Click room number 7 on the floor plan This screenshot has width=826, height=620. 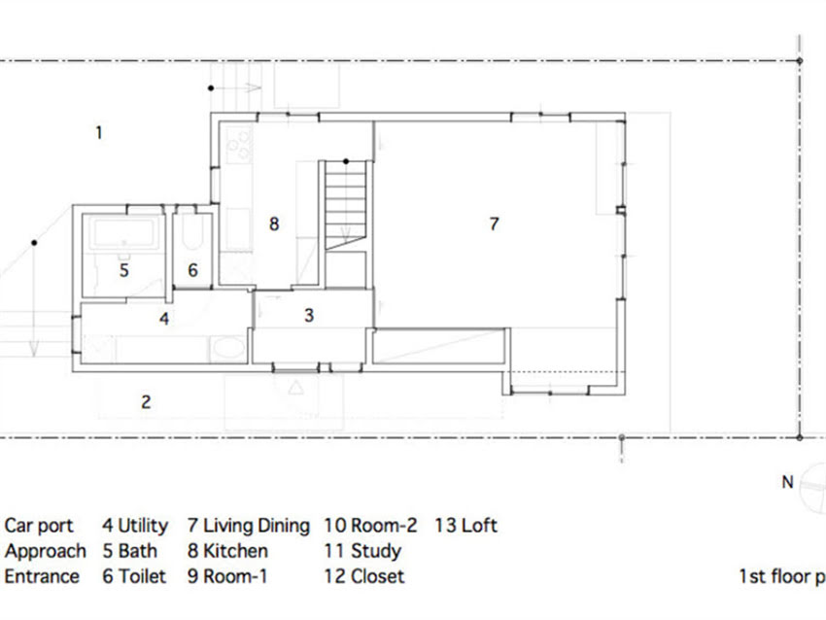click(x=494, y=224)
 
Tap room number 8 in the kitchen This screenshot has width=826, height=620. click(x=274, y=224)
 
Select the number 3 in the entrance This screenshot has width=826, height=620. click(x=309, y=315)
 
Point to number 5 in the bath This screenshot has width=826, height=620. click(x=123, y=270)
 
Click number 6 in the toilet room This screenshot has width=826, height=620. click(x=192, y=270)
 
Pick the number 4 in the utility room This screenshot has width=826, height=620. click(x=164, y=319)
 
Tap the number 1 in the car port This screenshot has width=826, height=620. click(x=98, y=132)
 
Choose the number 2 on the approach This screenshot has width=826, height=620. click(x=146, y=402)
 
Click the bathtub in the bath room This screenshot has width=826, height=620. click(x=123, y=233)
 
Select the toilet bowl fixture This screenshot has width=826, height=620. click(x=192, y=232)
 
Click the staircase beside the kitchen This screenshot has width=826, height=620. click(x=346, y=205)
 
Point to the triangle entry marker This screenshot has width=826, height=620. click(x=296, y=388)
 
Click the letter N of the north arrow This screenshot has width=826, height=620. click(x=787, y=482)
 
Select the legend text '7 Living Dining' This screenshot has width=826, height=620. click(x=249, y=526)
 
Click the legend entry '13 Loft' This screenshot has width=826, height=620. click(x=465, y=526)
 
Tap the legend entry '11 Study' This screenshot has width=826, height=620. click(x=362, y=551)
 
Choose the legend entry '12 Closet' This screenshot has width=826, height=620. click(x=364, y=576)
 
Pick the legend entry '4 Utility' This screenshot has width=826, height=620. click(x=135, y=526)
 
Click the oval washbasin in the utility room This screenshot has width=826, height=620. click(x=228, y=348)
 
